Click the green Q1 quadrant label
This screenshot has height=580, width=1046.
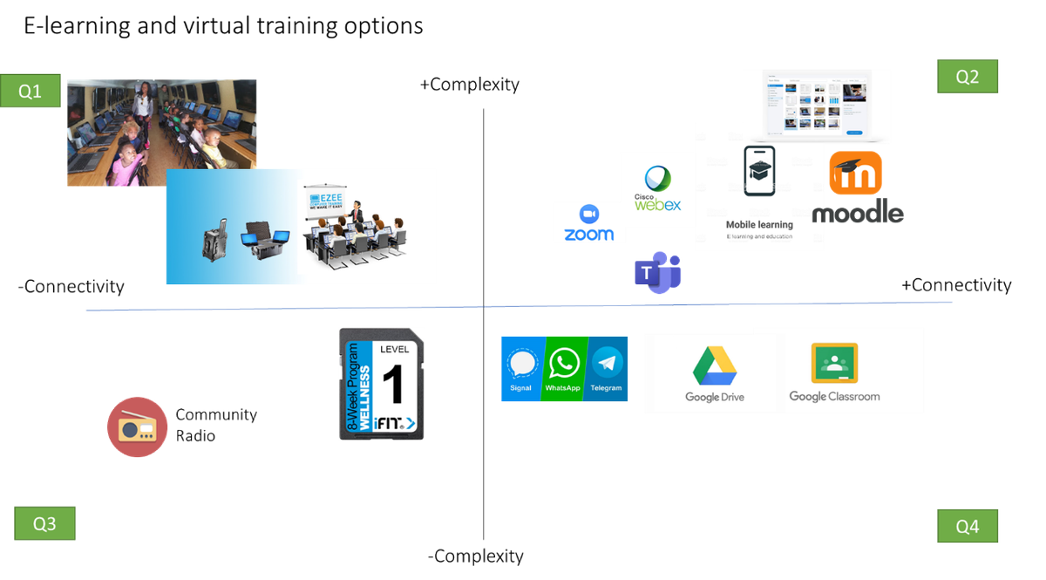pos(30,91)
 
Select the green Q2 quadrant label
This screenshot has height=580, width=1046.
pos(967,77)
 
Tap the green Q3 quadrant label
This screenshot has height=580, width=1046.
pos(44,523)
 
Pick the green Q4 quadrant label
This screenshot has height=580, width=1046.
pos(967,527)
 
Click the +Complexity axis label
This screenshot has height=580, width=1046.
pos(469,85)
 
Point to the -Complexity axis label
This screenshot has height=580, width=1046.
pos(475,556)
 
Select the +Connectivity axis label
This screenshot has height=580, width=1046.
pos(955,285)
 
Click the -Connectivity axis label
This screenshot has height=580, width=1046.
pos(71,286)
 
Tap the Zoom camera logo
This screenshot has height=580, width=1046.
pos(589,215)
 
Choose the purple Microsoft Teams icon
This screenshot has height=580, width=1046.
pos(657,272)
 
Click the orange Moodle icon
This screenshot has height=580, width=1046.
pos(855,173)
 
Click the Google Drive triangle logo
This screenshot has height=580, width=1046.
pos(715,365)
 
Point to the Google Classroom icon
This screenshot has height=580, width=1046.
pos(834,364)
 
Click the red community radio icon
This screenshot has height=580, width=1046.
pos(137,426)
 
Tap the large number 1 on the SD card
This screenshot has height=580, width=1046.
pos(393,384)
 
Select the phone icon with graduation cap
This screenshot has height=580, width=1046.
pos(759,172)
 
